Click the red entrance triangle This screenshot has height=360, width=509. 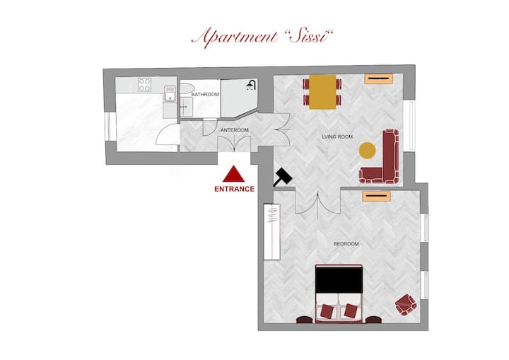[x=233, y=175]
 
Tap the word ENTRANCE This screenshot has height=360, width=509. [x=235, y=189]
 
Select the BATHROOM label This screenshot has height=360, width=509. [x=205, y=95]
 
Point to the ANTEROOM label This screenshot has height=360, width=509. [x=235, y=130]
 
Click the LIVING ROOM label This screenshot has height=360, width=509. [x=337, y=137]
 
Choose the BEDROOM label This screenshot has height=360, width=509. [x=346, y=244]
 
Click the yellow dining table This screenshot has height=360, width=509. [x=322, y=92]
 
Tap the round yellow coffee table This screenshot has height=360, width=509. [x=367, y=151]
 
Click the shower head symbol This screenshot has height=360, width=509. [x=251, y=85]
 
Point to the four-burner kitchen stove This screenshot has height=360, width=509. [x=144, y=84]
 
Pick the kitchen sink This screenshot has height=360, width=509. [x=170, y=93]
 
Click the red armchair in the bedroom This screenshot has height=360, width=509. [x=406, y=305]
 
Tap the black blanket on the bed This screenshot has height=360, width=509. [x=339, y=280]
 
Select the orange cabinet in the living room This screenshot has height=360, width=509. [x=378, y=79]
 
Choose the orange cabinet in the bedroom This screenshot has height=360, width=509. [x=377, y=196]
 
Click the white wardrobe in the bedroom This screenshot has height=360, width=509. [x=272, y=232]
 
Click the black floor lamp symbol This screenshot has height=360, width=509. [x=283, y=178]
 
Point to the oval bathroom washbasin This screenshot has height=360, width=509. [x=187, y=88]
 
